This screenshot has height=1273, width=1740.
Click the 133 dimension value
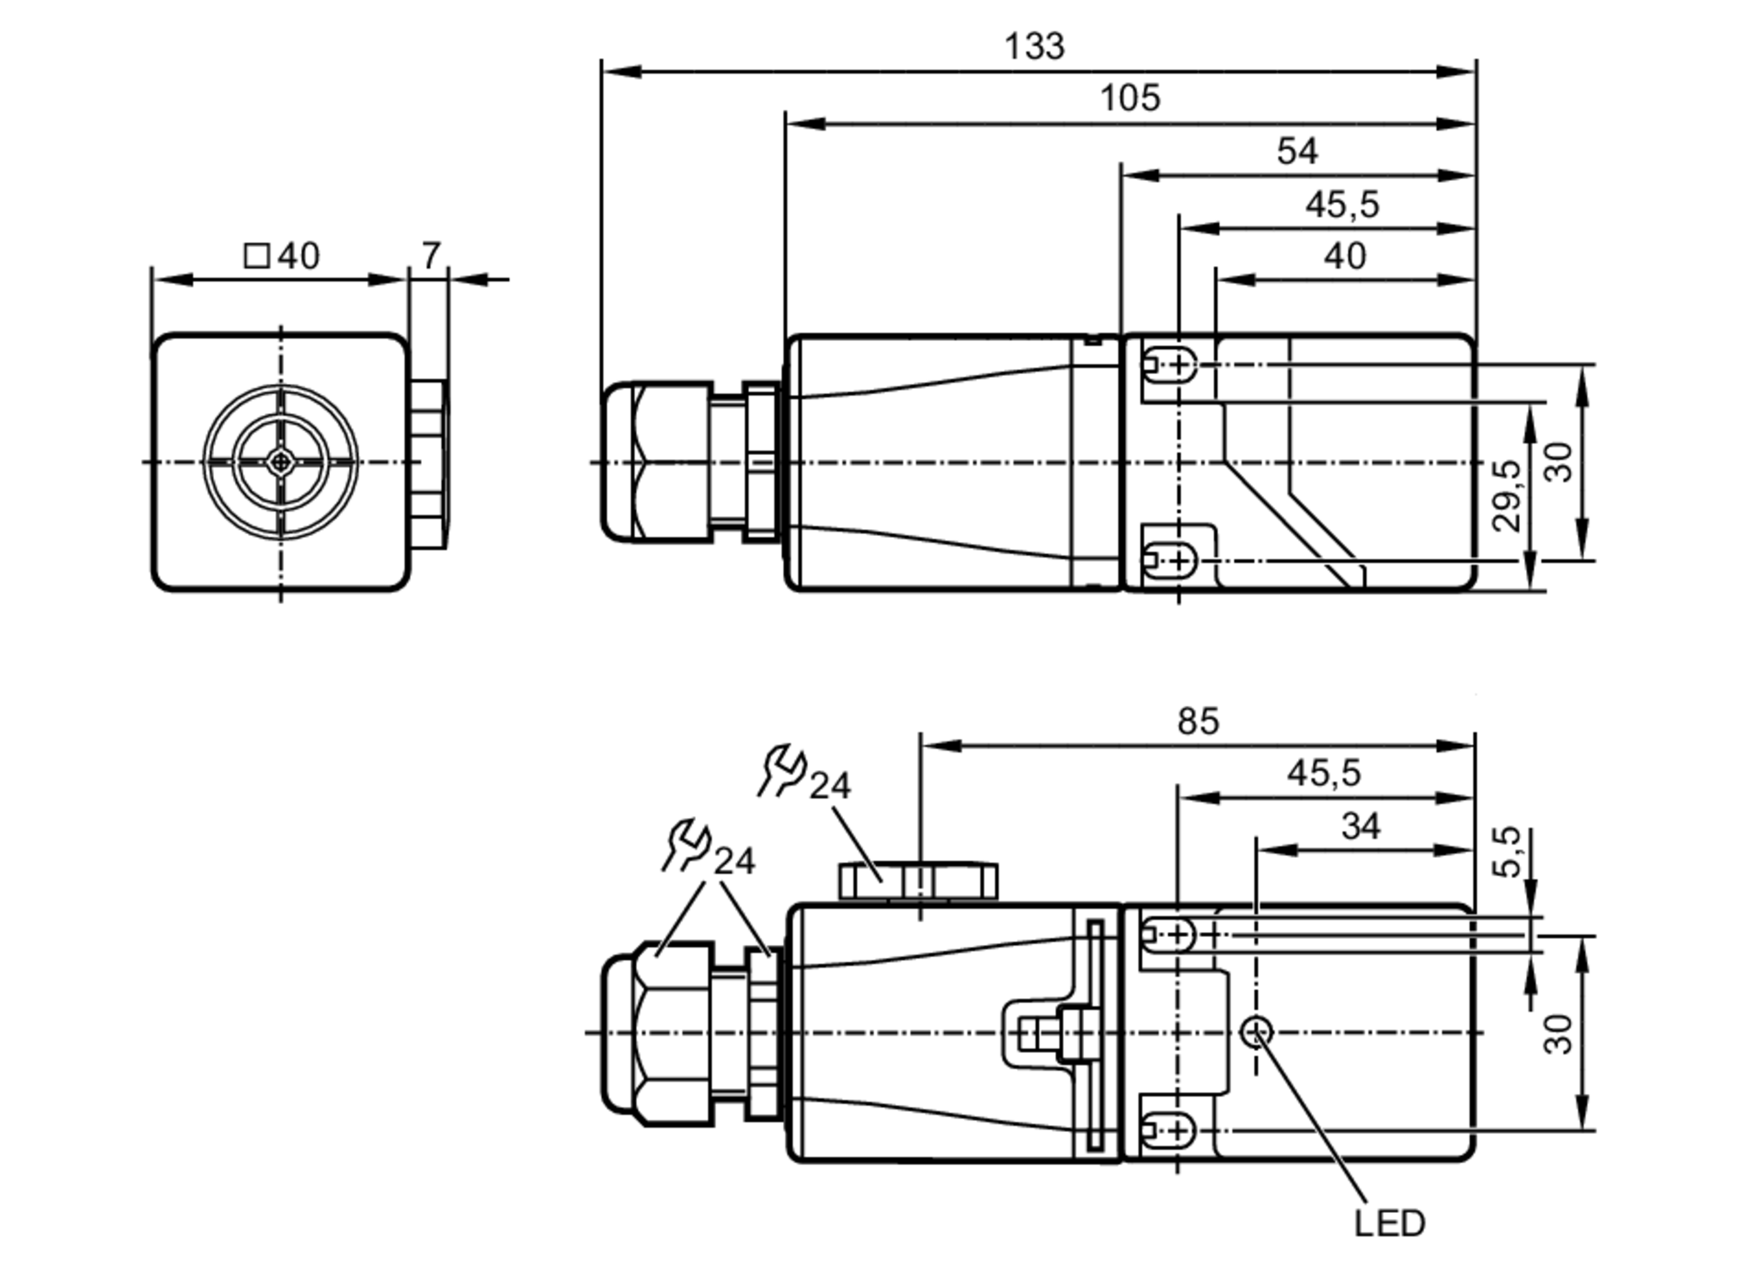(x=1034, y=46)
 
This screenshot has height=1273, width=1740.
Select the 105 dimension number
(x=1129, y=97)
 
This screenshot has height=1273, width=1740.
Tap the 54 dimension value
(x=1296, y=151)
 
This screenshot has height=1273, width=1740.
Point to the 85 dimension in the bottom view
(x=1198, y=721)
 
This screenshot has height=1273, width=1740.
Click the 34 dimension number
(x=1361, y=826)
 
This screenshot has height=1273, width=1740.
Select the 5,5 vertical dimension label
(x=1508, y=851)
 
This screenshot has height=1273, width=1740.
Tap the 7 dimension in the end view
(x=431, y=256)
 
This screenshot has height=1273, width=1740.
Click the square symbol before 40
(x=257, y=256)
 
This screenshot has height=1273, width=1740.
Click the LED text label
(x=1389, y=1223)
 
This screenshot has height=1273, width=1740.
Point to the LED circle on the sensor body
(x=1256, y=1032)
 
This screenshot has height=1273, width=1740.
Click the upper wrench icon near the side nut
(x=782, y=770)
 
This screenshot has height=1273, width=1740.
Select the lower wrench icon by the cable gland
(x=686, y=845)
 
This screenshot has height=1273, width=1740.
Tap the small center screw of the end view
(x=280, y=462)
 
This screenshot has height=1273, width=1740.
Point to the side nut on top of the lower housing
(x=918, y=881)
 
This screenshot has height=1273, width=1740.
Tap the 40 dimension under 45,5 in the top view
(x=1344, y=256)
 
